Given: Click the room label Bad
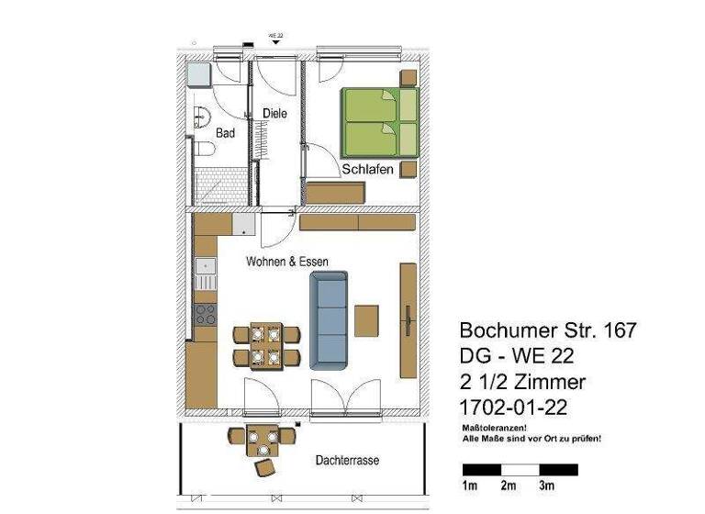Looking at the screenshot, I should point(225,133).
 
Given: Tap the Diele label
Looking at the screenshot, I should point(274,114).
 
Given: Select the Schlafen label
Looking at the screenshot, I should point(368,170).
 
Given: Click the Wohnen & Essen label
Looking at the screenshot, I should point(286,262).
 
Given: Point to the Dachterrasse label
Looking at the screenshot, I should point(347,460).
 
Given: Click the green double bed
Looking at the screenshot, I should point(379,122).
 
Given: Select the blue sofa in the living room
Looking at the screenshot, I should point(330,320).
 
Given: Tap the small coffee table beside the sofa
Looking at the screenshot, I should point(367,321).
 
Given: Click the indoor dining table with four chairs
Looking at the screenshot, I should point(267,345).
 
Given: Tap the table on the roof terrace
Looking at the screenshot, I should point(263,442).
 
